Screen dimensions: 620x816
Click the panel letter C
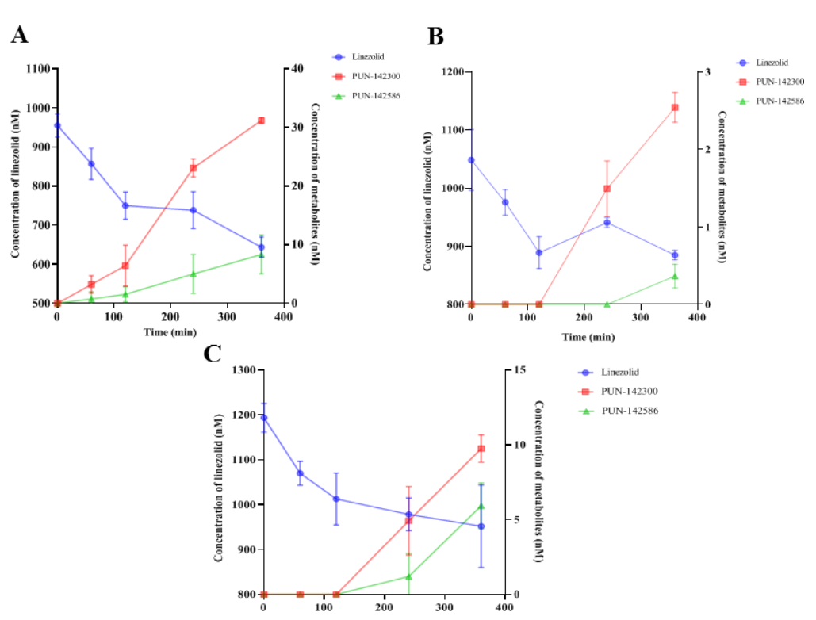pyautogui.click(x=213, y=353)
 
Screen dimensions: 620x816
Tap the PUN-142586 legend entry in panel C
pyautogui.click(x=630, y=411)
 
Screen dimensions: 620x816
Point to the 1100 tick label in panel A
pyautogui.click(x=35, y=69)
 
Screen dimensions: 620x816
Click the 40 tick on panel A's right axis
pyautogui.click(x=297, y=69)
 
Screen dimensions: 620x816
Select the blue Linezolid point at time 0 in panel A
pyautogui.click(x=57, y=125)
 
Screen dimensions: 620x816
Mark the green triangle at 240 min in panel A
pyautogui.click(x=193, y=274)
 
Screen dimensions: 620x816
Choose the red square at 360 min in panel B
pyautogui.click(x=675, y=107)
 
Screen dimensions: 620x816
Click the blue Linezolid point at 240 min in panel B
pyautogui.click(x=607, y=223)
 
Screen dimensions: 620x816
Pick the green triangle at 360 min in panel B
pyautogui.click(x=675, y=276)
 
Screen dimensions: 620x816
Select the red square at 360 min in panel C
pyautogui.click(x=481, y=449)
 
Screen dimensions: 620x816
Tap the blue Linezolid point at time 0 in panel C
pyautogui.click(x=264, y=418)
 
